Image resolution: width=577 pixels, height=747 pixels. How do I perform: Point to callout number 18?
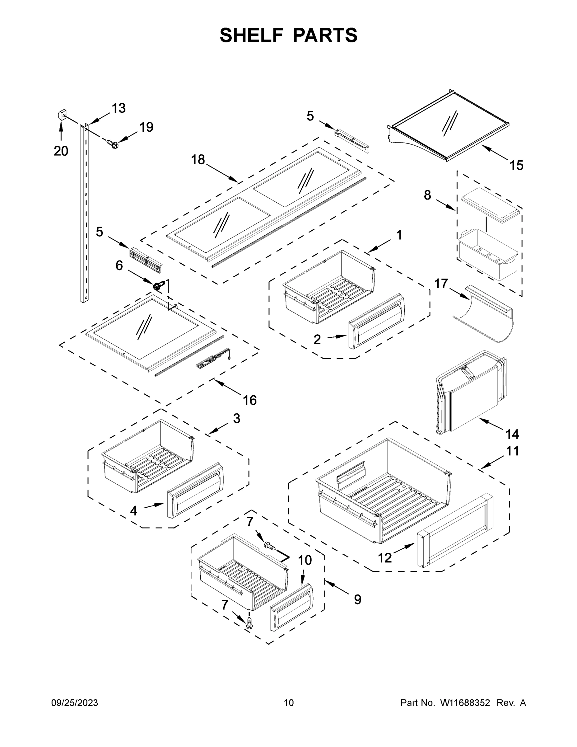(x=198, y=159)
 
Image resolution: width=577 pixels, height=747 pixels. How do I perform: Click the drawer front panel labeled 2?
(x=376, y=321)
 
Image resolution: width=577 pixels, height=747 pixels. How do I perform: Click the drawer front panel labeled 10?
(x=291, y=607)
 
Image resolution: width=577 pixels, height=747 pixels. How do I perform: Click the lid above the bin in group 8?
(x=491, y=204)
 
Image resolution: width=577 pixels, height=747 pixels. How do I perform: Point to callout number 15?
(x=516, y=166)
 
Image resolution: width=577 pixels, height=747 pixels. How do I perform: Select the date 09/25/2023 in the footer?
(x=75, y=703)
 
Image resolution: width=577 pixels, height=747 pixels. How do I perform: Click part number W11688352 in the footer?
(x=465, y=703)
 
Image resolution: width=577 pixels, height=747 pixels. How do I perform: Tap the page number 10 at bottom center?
(x=289, y=703)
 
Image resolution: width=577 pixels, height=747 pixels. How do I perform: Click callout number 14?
(x=512, y=434)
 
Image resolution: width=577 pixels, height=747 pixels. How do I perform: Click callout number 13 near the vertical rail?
(x=119, y=108)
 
